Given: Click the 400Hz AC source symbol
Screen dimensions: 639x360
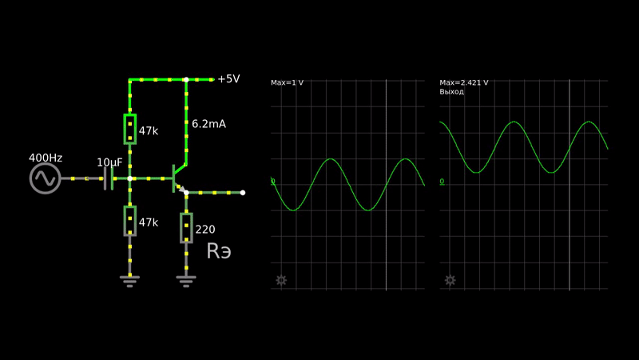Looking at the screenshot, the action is pyautogui.click(x=46, y=178).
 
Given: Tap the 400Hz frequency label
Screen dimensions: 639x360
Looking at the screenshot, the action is pyautogui.click(x=46, y=158).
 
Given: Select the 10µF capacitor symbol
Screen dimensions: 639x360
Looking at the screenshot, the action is pyautogui.click(x=109, y=178).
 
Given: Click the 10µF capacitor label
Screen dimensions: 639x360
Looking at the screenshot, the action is pyautogui.click(x=109, y=162).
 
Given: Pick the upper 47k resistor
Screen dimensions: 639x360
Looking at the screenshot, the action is pyautogui.click(x=129, y=128).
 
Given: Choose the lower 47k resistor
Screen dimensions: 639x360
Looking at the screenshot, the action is pyautogui.click(x=129, y=220).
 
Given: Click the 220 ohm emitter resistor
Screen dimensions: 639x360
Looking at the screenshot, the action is pyautogui.click(x=186, y=227).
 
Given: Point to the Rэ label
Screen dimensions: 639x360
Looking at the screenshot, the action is pyautogui.click(x=219, y=251).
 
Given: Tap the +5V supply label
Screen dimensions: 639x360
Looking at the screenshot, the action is pyautogui.click(x=228, y=79).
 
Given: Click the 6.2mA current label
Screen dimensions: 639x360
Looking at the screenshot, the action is pyautogui.click(x=208, y=124).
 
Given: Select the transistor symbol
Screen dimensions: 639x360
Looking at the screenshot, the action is pyautogui.click(x=179, y=178).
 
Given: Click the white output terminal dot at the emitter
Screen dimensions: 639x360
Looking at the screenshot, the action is pyautogui.click(x=243, y=193).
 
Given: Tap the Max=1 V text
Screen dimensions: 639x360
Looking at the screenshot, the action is pyautogui.click(x=288, y=83).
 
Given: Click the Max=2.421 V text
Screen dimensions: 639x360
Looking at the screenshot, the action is pyautogui.click(x=464, y=83).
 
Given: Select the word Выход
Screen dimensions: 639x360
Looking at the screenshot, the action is pyautogui.click(x=452, y=92).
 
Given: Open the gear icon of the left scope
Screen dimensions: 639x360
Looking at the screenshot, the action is pyautogui.click(x=281, y=280).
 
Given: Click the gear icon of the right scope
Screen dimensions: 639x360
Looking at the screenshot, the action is pyautogui.click(x=450, y=280).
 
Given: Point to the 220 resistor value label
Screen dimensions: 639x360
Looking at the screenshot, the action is pyautogui.click(x=205, y=230).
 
